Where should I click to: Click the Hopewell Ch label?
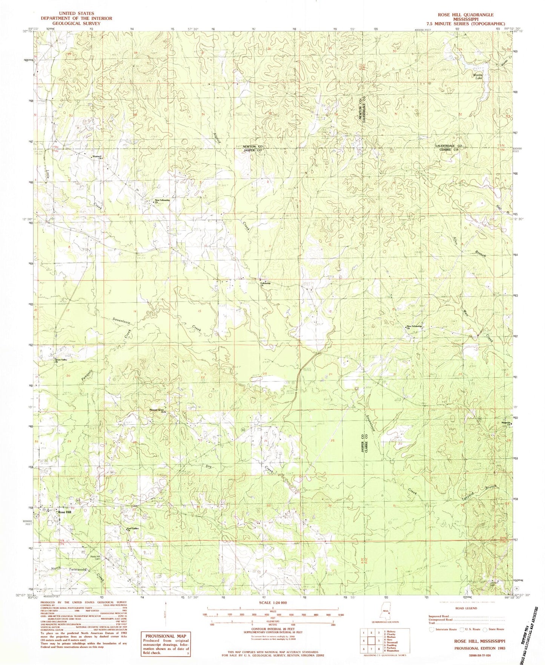[98, 157]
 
